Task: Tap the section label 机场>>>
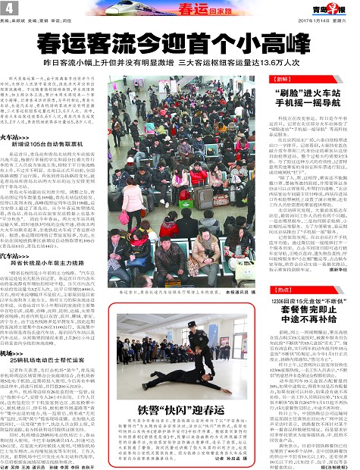(20, 327)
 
